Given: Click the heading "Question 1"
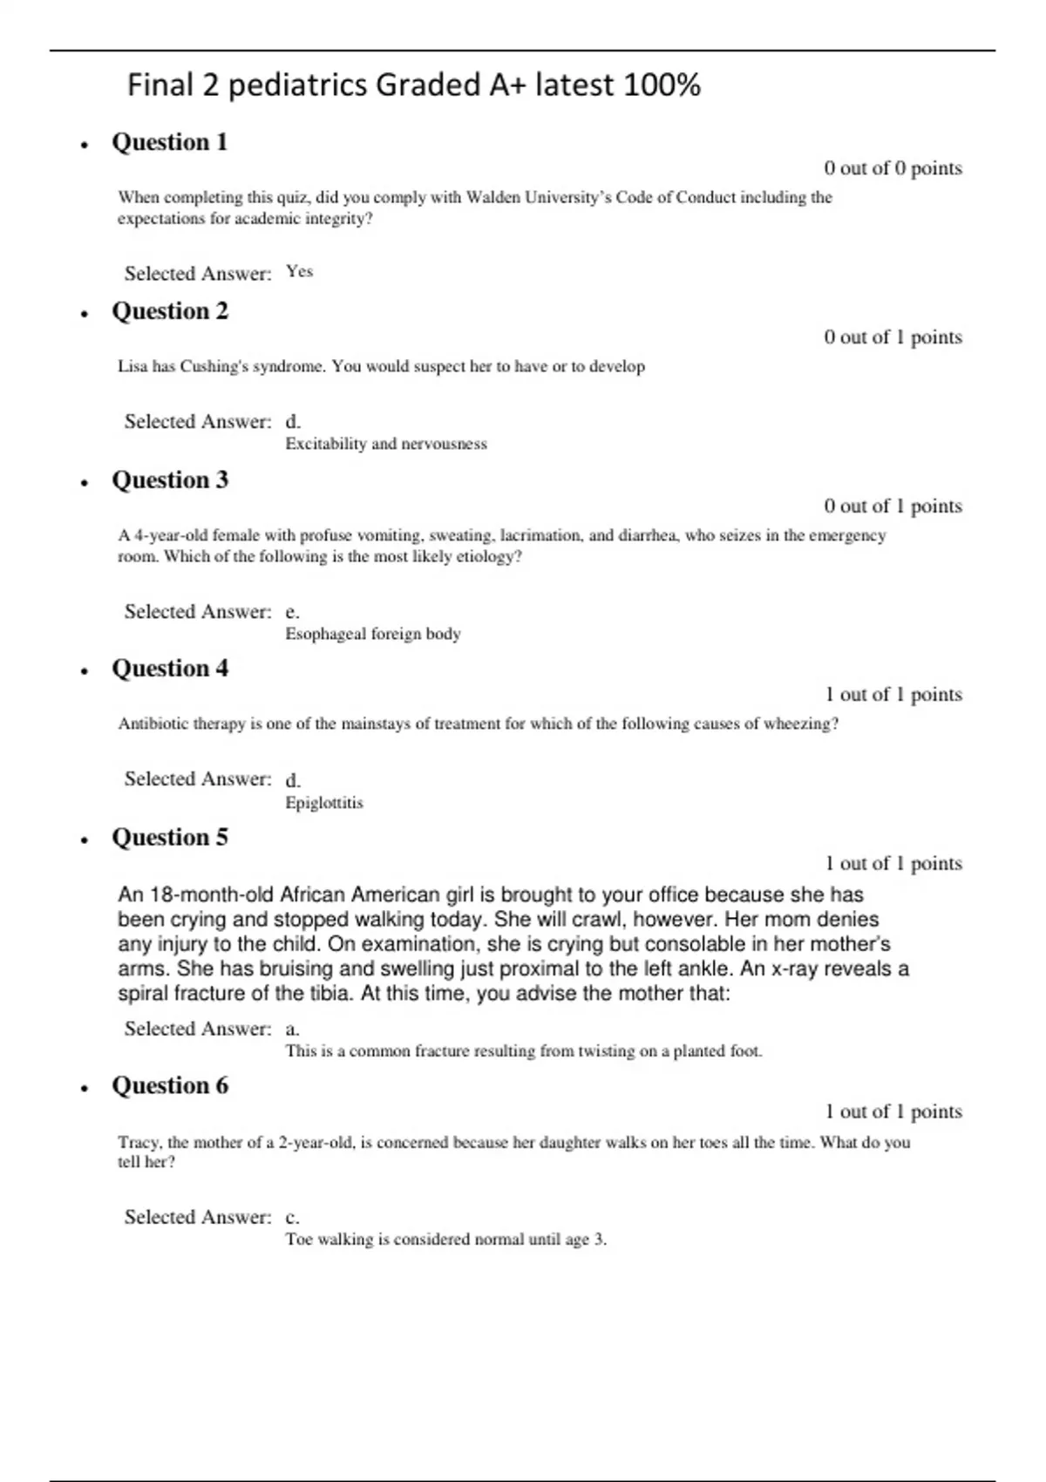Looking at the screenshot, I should pyautogui.click(x=169, y=142).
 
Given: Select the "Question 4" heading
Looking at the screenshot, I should pyautogui.click(x=169, y=669).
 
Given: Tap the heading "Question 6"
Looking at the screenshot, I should pyautogui.click(x=169, y=1085).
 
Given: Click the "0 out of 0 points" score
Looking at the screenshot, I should pyautogui.click(x=893, y=168).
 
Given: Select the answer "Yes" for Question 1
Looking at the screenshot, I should pyautogui.click(x=299, y=272).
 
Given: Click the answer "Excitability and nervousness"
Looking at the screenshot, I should pyautogui.click(x=386, y=444).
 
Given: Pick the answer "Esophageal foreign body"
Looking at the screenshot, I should pyautogui.click(x=373, y=634).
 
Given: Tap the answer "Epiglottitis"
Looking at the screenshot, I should pyautogui.click(x=324, y=803).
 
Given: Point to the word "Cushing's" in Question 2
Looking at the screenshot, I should pyautogui.click(x=214, y=366).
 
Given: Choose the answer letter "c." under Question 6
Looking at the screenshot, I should pyautogui.click(x=292, y=1217).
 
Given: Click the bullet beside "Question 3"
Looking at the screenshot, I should pyautogui.click(x=85, y=482).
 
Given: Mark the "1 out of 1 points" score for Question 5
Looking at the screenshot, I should pyautogui.click(x=893, y=863).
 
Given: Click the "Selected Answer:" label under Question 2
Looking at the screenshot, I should pyautogui.click(x=198, y=422).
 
